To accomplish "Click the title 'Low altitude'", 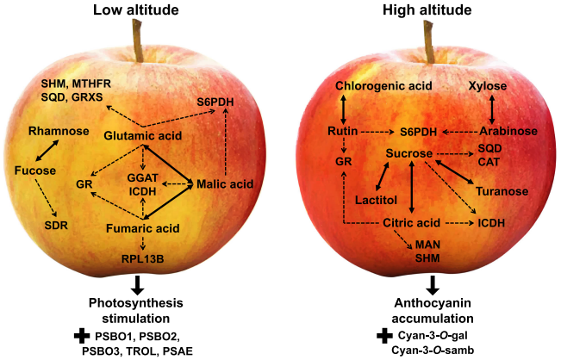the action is click(136, 9).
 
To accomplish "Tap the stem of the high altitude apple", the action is click(428, 41).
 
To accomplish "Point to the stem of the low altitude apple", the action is click(138, 40).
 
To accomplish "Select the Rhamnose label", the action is click(59, 131).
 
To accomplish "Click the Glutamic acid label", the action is click(143, 136).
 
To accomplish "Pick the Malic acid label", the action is click(225, 184).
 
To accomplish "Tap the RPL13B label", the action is click(143, 258).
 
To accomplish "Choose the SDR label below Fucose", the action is click(56, 226).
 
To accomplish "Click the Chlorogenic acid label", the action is click(383, 86).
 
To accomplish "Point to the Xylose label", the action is click(488, 86).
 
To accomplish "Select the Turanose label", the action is click(502, 191).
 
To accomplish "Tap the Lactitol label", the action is click(376, 200).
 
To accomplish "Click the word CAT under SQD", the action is click(489, 162).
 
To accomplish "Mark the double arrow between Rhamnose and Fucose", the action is click(47, 150).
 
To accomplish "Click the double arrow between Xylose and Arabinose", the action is click(492, 109).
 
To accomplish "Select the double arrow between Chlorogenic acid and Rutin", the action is click(343, 109).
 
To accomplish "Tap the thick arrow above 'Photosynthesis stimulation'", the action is click(137, 285).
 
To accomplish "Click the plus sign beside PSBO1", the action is click(82, 336).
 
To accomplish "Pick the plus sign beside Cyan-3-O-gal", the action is click(384, 336).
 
